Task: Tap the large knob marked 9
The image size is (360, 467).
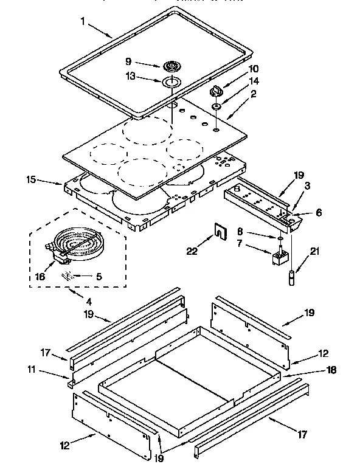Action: (x=171, y=66)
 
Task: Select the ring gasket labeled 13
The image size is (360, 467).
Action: (x=171, y=81)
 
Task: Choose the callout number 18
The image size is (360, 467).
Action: (x=330, y=369)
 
